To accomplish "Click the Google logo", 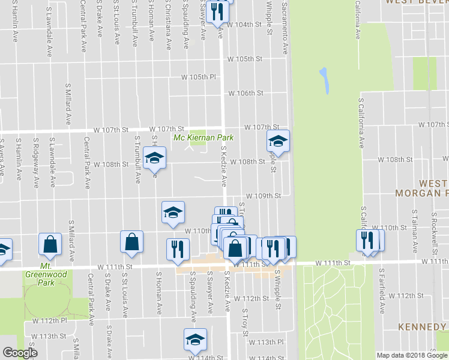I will pos(20,353).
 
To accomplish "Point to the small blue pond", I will pos(325,80).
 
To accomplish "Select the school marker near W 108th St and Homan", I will pos(154,158).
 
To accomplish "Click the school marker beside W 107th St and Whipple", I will pos(278,141).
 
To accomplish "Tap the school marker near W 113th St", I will pos(195,340).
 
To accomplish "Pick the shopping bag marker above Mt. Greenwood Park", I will pos(50,244).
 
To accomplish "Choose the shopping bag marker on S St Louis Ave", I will pos(131,242).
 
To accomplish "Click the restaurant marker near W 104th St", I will pos(216,10).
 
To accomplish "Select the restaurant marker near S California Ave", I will pos(367,240).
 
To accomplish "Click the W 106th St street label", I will pos(246,94).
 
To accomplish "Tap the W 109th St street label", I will pos(264,196).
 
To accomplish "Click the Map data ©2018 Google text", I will pos(411,355).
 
